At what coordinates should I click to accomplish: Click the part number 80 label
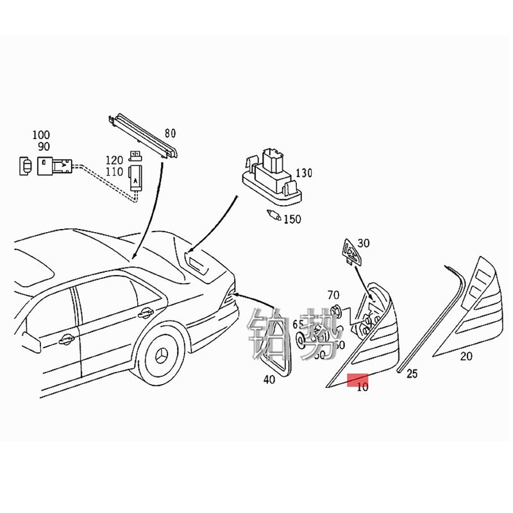[x=170, y=133]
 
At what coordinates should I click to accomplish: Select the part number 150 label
[x=292, y=219]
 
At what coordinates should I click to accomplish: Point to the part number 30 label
[x=364, y=243]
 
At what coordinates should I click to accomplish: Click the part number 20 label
[x=466, y=357]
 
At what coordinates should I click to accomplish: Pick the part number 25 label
[x=411, y=373]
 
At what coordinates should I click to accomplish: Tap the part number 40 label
[x=269, y=380]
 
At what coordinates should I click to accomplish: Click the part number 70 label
[x=333, y=295]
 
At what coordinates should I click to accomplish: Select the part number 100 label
[x=41, y=135]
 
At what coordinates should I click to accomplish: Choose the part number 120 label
[x=114, y=159]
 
